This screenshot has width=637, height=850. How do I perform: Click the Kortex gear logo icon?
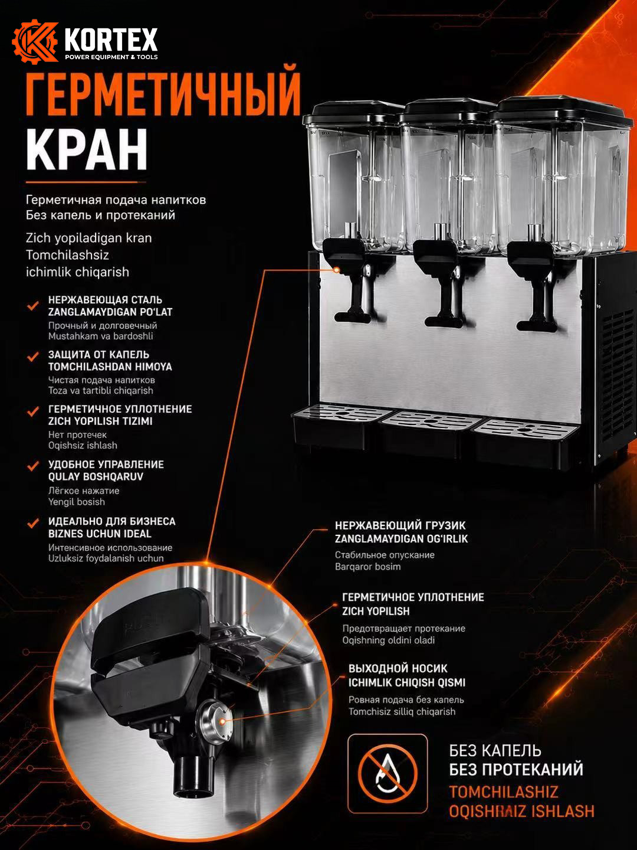pyautogui.click(x=35, y=41)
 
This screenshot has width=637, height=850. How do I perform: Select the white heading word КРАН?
pyautogui.click(x=87, y=149)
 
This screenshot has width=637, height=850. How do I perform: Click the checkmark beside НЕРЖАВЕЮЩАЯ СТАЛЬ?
pyautogui.click(x=33, y=306)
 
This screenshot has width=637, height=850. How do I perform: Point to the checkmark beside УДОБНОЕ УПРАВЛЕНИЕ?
pyautogui.click(x=33, y=466)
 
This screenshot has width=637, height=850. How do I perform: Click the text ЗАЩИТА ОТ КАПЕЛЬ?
pyautogui.click(x=98, y=354)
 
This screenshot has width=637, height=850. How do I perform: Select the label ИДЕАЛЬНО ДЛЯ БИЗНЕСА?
pyautogui.click(x=112, y=521)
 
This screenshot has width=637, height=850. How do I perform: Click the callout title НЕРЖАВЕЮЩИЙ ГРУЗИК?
pyautogui.click(x=400, y=525)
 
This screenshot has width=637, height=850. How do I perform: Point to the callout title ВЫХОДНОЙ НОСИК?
pyautogui.click(x=398, y=668)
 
